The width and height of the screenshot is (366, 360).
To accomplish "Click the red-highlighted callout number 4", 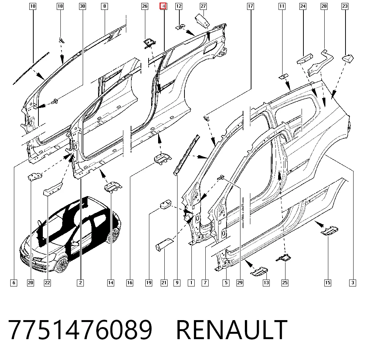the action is click(163, 6).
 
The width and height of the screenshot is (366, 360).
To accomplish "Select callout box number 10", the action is click(33, 6).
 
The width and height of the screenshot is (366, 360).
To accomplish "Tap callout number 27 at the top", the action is click(203, 6).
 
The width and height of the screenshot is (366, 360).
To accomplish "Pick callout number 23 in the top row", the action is click(345, 6).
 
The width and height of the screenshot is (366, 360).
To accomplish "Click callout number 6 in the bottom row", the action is click(14, 283).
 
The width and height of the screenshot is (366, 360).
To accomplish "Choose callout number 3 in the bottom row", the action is click(353, 283).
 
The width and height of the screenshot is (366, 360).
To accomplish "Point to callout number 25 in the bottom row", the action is click(285, 283).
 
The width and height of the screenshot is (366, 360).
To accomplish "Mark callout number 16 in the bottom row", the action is click(130, 283).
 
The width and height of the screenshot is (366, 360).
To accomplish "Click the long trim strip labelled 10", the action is click(31, 68).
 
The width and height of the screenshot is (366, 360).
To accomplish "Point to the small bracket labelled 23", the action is click(348, 58).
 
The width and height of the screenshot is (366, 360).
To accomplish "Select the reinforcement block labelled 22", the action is click(53, 189).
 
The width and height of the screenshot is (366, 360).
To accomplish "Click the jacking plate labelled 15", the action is click(329, 230).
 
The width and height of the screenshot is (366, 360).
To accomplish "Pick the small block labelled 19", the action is click(165, 204).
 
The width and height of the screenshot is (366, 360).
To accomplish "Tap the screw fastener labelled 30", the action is click(55, 101).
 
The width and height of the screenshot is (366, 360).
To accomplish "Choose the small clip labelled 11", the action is click(284, 76).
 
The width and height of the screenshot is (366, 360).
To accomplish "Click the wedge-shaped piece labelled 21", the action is click(164, 244).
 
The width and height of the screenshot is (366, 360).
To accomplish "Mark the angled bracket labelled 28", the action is click(320, 63).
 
